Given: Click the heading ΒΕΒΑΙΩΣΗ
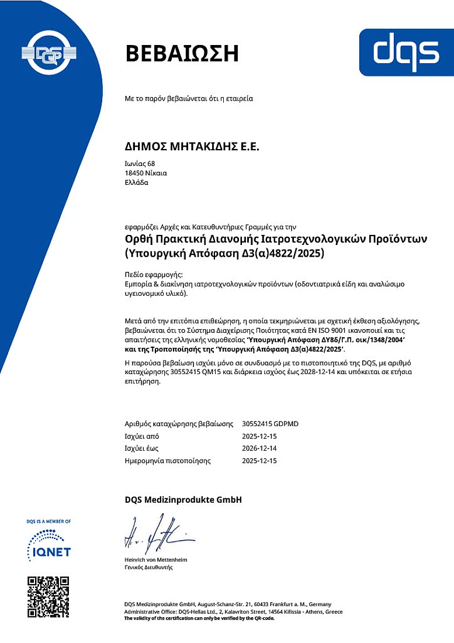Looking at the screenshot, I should pyautogui.click(x=182, y=53).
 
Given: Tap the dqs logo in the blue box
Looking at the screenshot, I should pyautogui.click(x=406, y=51).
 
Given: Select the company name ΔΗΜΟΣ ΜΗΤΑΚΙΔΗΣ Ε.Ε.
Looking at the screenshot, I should pyautogui.click(x=192, y=147).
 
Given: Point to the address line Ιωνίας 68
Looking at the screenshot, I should pyautogui.click(x=140, y=163).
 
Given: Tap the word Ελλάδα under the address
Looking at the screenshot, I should pyautogui.click(x=137, y=182).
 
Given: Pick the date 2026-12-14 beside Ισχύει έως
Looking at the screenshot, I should pyautogui.click(x=259, y=448).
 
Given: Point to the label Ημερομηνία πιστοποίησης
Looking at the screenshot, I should pyautogui.click(x=168, y=461).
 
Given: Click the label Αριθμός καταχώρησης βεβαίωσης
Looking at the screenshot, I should pyautogui.click(x=175, y=424).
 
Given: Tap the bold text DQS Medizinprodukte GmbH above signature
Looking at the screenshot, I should pyautogui.click(x=183, y=500).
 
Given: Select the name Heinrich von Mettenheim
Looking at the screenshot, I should pyautogui.click(x=156, y=560).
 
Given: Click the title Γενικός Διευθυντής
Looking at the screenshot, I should pyautogui.click(x=148, y=567).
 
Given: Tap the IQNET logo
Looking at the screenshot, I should pyautogui.click(x=49, y=544).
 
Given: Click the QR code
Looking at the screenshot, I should pyautogui.click(x=48, y=597).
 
